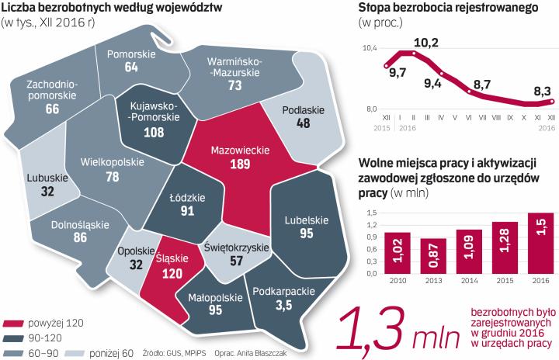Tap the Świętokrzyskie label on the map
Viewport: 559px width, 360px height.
[x=236, y=247]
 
